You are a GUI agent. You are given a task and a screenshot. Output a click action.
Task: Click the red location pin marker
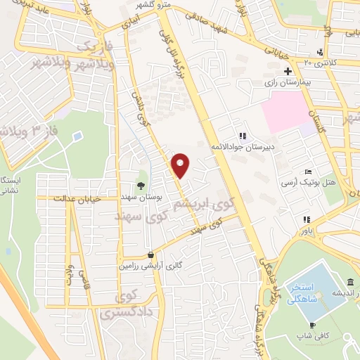point(181,165)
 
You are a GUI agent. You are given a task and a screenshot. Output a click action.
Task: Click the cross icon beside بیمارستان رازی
point(288,71)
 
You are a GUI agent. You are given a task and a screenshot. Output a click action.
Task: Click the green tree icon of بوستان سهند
point(142,186)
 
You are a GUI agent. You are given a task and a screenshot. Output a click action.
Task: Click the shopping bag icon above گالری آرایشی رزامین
point(150,255)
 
